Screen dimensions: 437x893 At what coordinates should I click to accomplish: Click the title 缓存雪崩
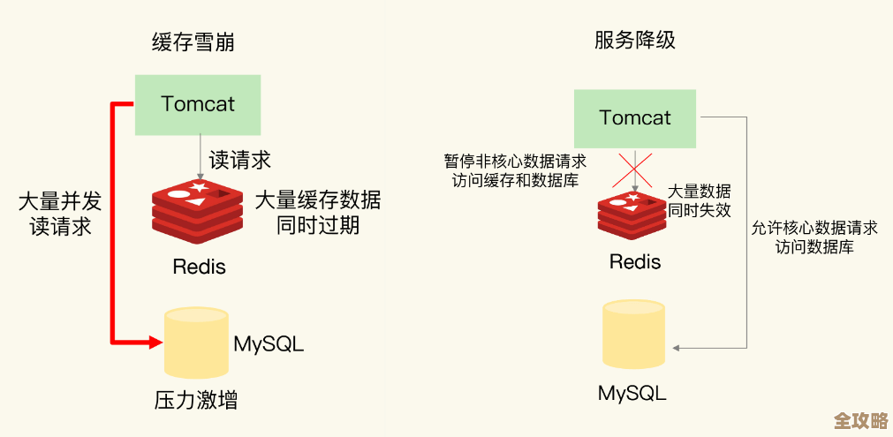click(193, 41)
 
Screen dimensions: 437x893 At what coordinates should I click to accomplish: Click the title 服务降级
click(635, 40)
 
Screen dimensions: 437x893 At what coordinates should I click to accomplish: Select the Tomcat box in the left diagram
click(198, 104)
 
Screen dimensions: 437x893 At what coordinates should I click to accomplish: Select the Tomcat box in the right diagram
click(634, 118)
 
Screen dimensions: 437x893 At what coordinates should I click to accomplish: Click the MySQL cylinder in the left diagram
click(196, 343)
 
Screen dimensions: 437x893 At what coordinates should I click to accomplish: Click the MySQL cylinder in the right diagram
click(633, 334)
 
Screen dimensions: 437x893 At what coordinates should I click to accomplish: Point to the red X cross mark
click(633, 170)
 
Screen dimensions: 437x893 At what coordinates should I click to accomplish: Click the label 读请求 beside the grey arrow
click(239, 160)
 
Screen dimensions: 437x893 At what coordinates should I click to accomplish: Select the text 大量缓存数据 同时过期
click(317, 212)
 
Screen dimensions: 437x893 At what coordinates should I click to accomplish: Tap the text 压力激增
click(195, 400)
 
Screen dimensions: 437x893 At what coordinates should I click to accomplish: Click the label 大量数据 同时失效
click(699, 200)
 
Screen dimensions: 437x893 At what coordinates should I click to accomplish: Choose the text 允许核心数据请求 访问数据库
click(814, 237)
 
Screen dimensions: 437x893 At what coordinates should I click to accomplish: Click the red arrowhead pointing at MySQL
click(155, 342)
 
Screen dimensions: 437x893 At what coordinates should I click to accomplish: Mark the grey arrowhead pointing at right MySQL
click(676, 348)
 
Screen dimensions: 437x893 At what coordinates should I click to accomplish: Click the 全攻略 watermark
click(860, 419)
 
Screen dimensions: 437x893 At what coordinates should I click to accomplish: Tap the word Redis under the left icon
click(199, 266)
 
